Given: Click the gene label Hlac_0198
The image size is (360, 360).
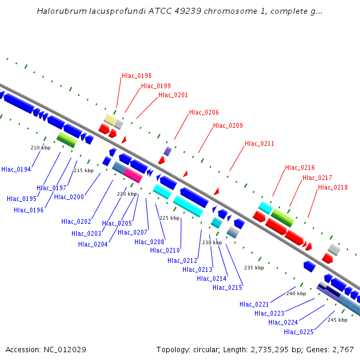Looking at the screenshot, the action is (137, 76).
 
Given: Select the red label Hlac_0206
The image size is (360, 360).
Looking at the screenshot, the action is (204, 112).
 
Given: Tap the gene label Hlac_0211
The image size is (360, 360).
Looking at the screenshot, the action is (259, 144).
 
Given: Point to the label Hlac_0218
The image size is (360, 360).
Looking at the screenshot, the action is (333, 187).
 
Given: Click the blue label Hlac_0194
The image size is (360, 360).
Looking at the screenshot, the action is (16, 170).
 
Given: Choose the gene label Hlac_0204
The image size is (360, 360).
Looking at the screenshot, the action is (93, 244).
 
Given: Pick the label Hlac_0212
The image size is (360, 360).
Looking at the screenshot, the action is (182, 260).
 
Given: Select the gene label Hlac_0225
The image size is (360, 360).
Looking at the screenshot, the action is (299, 332).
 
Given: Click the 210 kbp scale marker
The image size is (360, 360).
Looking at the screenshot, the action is (40, 147).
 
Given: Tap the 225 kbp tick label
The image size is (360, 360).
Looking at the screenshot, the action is (169, 218).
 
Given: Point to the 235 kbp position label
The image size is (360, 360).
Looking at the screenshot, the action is (254, 268).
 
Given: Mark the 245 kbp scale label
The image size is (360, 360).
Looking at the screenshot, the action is (337, 320).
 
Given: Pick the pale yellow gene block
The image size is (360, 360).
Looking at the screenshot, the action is (110, 119).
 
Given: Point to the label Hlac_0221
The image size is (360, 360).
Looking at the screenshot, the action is (254, 304).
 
